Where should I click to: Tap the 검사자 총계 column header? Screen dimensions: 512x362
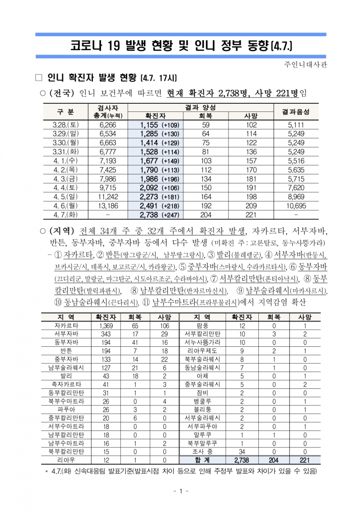(108, 111)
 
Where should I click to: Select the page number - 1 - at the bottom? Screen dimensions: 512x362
(181, 492)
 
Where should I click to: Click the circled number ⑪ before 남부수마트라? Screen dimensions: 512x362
(147, 301)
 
